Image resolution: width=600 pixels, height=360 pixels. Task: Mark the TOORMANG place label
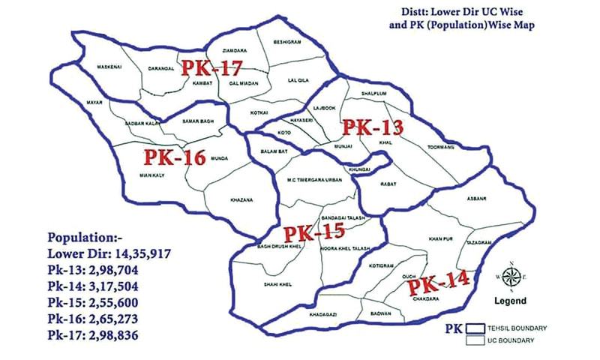point(441,146)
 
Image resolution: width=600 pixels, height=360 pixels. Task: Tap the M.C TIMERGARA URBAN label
point(310,180)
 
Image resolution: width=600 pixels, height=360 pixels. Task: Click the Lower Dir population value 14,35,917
point(141,255)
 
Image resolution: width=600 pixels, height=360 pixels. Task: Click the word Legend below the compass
point(511,301)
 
